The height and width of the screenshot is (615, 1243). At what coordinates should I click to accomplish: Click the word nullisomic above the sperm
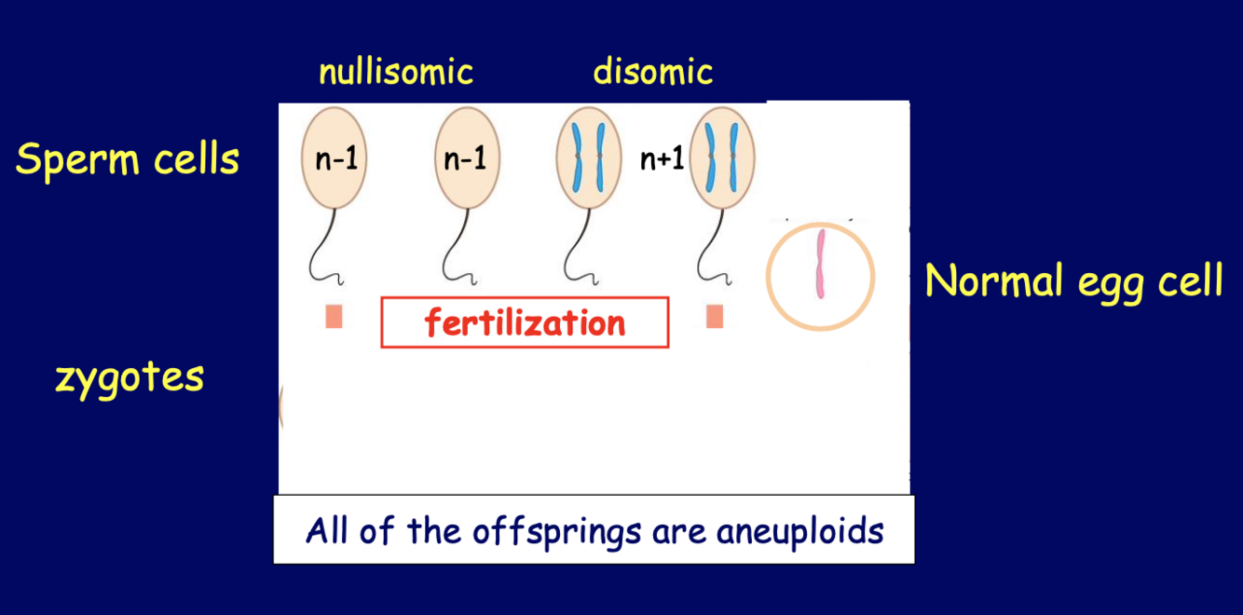point(396,72)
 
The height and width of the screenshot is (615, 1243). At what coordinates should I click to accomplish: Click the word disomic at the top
point(652,72)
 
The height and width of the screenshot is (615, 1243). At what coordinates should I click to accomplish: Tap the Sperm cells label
point(128,159)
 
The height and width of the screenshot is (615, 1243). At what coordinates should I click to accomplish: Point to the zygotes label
point(130,377)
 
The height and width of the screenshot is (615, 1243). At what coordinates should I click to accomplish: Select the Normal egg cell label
point(1072,280)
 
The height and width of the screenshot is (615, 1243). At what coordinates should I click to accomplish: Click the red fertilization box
point(525,322)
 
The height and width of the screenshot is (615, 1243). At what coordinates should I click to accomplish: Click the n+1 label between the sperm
point(662,159)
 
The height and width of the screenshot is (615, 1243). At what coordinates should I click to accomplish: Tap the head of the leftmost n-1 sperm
point(335,157)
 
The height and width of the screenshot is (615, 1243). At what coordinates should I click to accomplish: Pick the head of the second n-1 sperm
point(465,157)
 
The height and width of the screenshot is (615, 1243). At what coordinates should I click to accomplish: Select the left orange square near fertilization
point(334,317)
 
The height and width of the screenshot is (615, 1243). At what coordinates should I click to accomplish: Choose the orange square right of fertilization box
point(715,317)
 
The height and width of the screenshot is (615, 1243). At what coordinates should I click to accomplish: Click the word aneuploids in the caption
point(799,530)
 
